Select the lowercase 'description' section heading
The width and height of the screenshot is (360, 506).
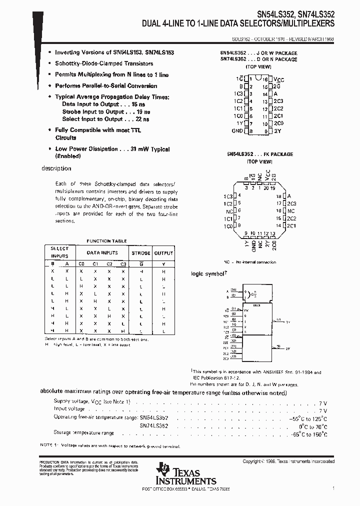click(x=56, y=168)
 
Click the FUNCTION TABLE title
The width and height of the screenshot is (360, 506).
click(x=106, y=240)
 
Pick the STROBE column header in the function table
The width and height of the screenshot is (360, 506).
click(x=140, y=253)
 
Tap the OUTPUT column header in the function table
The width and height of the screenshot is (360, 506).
click(x=163, y=253)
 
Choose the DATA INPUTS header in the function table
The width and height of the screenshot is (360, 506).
click(x=102, y=253)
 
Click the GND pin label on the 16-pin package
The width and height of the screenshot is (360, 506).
click(x=237, y=131)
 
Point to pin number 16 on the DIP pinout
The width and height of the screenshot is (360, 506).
click(x=265, y=79)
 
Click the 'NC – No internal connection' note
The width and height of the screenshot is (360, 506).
click(x=249, y=262)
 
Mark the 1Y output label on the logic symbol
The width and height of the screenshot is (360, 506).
click(x=288, y=323)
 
